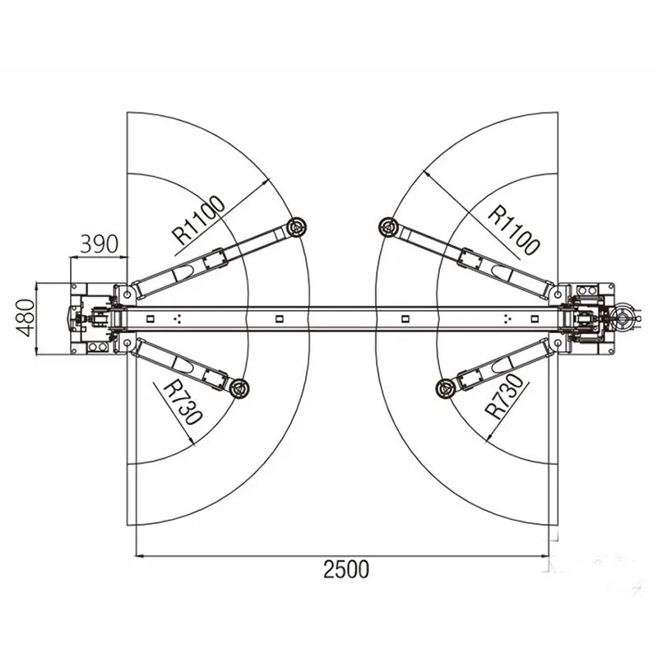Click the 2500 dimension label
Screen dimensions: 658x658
[345, 568]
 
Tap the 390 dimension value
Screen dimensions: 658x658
[100, 243]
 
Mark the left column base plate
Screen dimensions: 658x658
[92, 317]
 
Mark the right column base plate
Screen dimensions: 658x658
[588, 317]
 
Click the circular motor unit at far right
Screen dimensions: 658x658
[623, 316]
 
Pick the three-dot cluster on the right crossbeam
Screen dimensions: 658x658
[507, 317]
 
